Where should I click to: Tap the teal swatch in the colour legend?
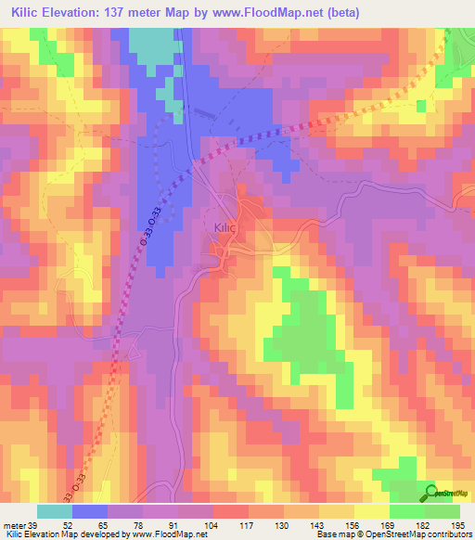click(x=56, y=512)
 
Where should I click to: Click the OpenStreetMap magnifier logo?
click(x=432, y=493)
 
